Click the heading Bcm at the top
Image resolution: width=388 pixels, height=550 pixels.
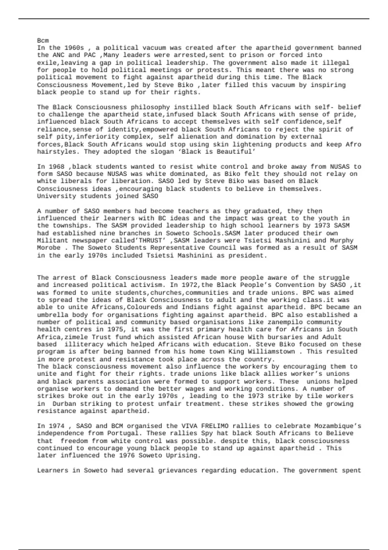point(43,40)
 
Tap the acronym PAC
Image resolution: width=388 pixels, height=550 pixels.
point(90,55)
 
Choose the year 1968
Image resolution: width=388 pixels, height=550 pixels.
point(56,167)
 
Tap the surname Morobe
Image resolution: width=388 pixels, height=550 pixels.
point(48,248)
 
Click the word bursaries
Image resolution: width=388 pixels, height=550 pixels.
point(283,337)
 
